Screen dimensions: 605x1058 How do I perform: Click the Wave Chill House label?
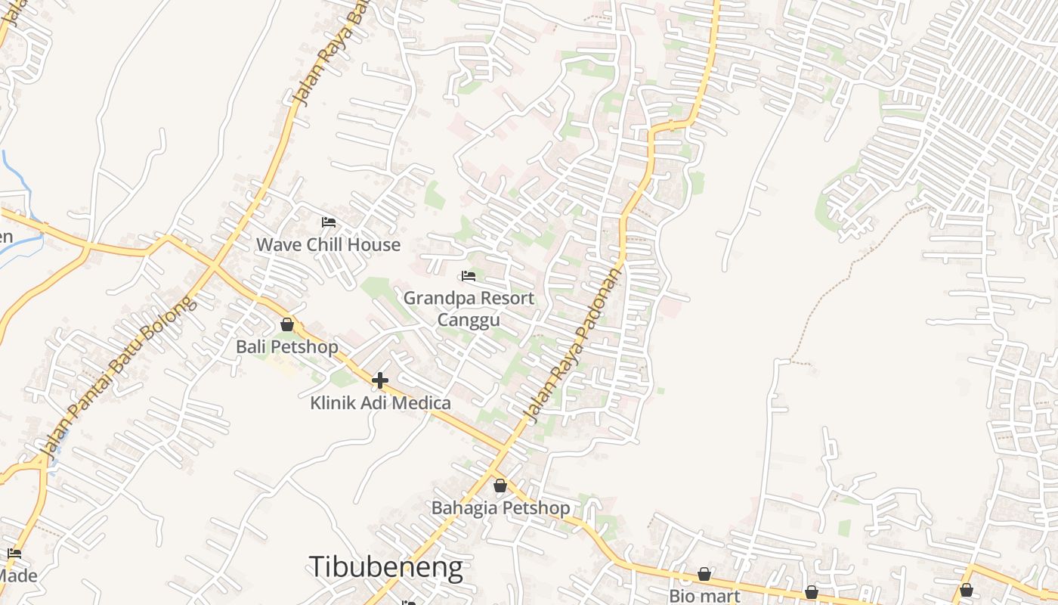click(328, 244)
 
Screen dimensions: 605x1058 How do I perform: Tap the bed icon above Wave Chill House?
click(329, 222)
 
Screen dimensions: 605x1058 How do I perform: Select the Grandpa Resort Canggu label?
click(469, 309)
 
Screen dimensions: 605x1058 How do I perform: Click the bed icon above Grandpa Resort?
click(469, 276)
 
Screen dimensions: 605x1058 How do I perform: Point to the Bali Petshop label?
click(287, 347)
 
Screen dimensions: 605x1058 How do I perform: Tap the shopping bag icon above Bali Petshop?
click(287, 324)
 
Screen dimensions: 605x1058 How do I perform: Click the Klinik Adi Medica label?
click(380, 403)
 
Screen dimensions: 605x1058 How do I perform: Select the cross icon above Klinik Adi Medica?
click(380, 380)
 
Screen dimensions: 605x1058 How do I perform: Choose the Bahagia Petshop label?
click(500, 507)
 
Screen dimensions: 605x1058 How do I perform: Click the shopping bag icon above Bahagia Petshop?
click(500, 486)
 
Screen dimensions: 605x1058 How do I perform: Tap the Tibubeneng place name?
click(385, 567)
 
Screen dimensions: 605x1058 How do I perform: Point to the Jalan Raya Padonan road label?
click(574, 345)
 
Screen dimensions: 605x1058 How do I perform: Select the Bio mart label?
click(704, 595)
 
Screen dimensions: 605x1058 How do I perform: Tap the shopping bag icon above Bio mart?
click(704, 575)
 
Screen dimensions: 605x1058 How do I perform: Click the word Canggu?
click(469, 320)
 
